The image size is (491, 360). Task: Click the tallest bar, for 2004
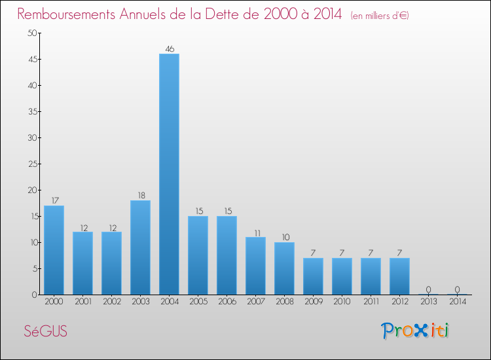tap(169, 174)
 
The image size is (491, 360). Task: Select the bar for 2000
tap(54, 250)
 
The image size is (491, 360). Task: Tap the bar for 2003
tap(140, 247)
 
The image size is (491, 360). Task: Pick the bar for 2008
tap(284, 268)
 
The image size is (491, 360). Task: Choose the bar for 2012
tap(399, 276)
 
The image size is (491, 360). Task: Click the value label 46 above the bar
tap(169, 48)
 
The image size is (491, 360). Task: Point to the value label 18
tap(140, 195)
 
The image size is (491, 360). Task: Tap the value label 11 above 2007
tap(255, 232)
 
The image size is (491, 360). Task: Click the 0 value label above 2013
tap(428, 289)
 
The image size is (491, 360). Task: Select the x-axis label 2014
tap(457, 302)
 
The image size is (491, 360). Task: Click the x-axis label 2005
tap(198, 302)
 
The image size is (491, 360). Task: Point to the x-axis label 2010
tap(342, 302)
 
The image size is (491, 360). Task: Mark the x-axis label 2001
tap(82, 302)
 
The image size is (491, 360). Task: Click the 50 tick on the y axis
tap(30, 33)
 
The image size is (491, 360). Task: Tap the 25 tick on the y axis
tap(30, 164)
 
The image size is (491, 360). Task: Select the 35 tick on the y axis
tap(30, 111)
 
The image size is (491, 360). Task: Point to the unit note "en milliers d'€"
tap(380, 15)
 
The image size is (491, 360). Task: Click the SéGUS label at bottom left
tap(45, 331)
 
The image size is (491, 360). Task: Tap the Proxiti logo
tap(415, 331)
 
